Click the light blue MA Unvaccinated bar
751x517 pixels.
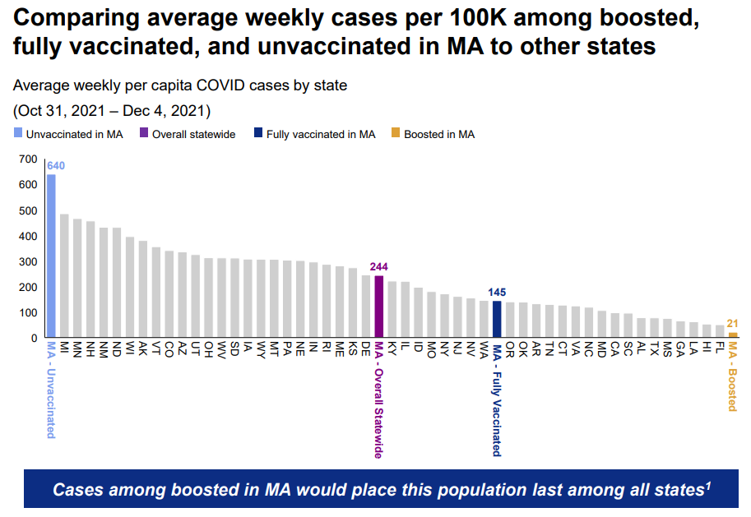coord(51,256)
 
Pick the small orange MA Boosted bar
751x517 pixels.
coord(732,335)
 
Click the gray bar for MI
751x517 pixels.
coord(64,275)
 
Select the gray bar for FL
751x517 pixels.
coord(720,331)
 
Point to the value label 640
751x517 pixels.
coord(56,165)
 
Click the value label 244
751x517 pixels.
coord(379,266)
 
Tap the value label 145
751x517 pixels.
coord(497,292)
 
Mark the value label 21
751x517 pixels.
coord(732,324)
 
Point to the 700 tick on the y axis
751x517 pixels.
coord(27,159)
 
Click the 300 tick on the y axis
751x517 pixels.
coord(27,261)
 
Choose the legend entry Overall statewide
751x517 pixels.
coord(187,134)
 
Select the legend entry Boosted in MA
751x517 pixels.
coord(438,134)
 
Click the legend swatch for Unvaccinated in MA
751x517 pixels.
coord(17,134)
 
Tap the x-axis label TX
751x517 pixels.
coord(654,349)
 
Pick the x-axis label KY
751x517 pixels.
coord(392,349)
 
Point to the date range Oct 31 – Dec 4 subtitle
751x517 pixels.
coord(112,110)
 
